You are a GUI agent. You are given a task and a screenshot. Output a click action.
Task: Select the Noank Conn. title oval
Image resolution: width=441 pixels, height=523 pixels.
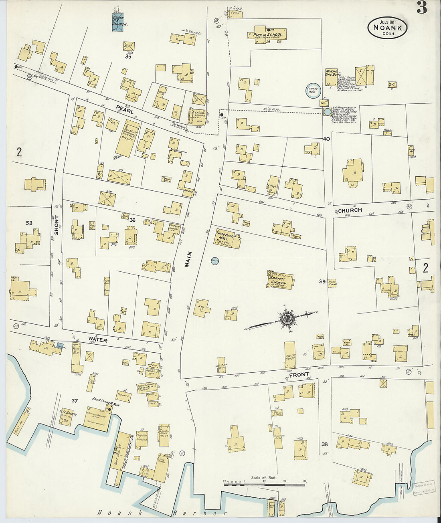387,28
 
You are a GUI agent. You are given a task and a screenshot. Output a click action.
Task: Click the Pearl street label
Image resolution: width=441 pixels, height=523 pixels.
125,109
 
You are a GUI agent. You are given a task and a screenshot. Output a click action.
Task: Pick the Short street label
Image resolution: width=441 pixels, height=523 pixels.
56,225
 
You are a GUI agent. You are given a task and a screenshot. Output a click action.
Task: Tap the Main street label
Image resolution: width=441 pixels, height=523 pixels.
188,259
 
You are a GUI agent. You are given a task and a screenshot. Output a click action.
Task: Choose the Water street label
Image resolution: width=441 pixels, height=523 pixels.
98,340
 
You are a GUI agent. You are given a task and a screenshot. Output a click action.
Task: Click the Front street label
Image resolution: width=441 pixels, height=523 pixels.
299,374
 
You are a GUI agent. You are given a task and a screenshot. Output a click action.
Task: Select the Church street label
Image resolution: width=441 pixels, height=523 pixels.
350,210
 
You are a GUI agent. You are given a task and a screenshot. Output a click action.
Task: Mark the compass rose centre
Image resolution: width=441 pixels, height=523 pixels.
287,319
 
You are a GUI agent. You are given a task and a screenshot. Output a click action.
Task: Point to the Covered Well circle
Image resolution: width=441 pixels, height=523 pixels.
312,91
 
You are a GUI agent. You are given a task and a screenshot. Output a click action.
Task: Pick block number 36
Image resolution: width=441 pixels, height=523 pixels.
133,220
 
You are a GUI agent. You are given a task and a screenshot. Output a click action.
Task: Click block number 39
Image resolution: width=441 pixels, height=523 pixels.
322,282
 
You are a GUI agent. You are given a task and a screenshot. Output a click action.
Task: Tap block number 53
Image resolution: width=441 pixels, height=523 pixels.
29,223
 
